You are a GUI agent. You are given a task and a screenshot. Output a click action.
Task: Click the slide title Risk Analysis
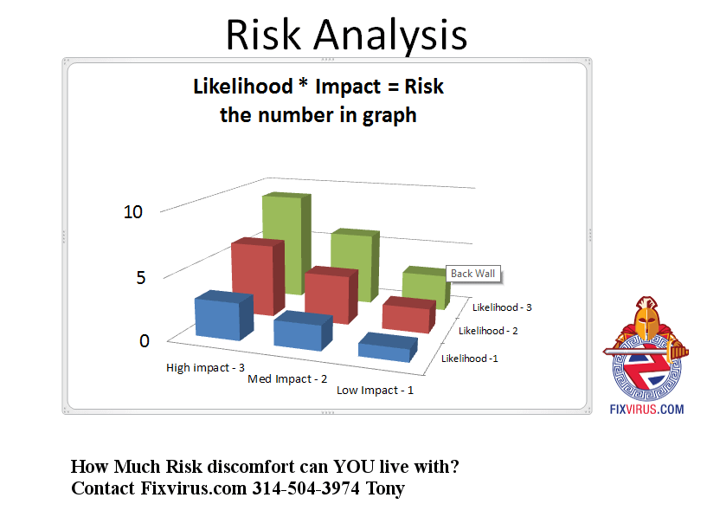point(346,36)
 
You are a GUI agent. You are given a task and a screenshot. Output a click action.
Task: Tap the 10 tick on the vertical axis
point(133,212)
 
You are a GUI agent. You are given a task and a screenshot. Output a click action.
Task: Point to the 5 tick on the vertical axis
point(141,277)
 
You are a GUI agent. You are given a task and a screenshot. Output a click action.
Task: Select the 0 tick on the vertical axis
point(145,341)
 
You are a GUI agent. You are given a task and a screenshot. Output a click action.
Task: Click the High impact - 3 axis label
point(205,368)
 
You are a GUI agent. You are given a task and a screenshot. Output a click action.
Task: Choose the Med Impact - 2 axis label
point(287,379)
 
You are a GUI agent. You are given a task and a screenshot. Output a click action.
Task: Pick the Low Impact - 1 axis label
point(375,391)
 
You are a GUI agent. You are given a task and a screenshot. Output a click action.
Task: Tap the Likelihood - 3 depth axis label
point(502,307)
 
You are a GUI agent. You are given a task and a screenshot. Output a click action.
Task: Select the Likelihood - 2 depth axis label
point(488,331)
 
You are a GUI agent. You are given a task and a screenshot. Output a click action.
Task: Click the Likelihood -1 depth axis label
point(469,359)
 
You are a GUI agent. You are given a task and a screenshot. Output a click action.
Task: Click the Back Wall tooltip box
point(473,274)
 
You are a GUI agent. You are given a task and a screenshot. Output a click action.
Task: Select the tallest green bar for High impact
point(286,243)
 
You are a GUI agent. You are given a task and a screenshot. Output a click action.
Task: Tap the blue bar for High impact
point(224,315)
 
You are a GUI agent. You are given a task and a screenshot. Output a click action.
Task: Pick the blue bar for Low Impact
point(388,347)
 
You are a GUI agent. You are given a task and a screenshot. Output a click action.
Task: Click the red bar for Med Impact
point(331,294)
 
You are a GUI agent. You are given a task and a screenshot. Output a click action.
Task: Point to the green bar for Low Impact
point(426,288)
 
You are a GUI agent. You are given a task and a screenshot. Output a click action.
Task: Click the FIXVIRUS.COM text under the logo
point(646,410)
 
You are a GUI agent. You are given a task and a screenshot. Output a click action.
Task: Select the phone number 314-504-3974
point(305,488)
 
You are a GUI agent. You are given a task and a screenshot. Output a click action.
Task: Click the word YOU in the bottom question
point(354,467)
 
